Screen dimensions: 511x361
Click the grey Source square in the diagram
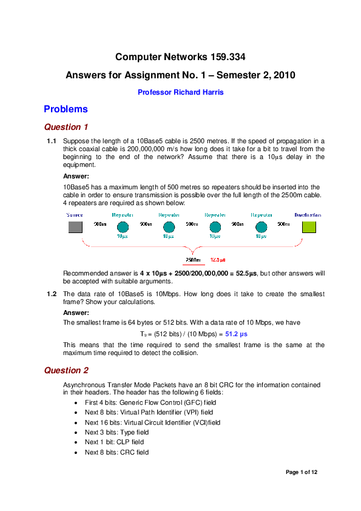coord(75,227)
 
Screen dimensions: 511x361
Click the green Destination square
coord(308,227)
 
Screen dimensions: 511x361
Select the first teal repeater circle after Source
coord(122,227)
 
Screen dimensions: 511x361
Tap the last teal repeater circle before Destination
coord(261,227)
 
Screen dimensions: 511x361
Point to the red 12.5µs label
coord(218,259)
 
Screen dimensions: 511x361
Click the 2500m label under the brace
coord(194,259)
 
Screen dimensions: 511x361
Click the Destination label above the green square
coord(308,215)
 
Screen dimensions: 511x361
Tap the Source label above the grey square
coord(75,215)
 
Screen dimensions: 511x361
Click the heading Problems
coord(66,109)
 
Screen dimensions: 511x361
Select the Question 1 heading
coord(67,127)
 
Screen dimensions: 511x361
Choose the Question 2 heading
coord(67,370)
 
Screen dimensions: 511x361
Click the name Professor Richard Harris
coord(181,92)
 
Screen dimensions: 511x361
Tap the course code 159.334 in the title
coord(226,58)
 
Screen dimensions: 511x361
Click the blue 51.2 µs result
coord(237,334)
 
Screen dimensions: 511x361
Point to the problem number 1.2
coord(52,294)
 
